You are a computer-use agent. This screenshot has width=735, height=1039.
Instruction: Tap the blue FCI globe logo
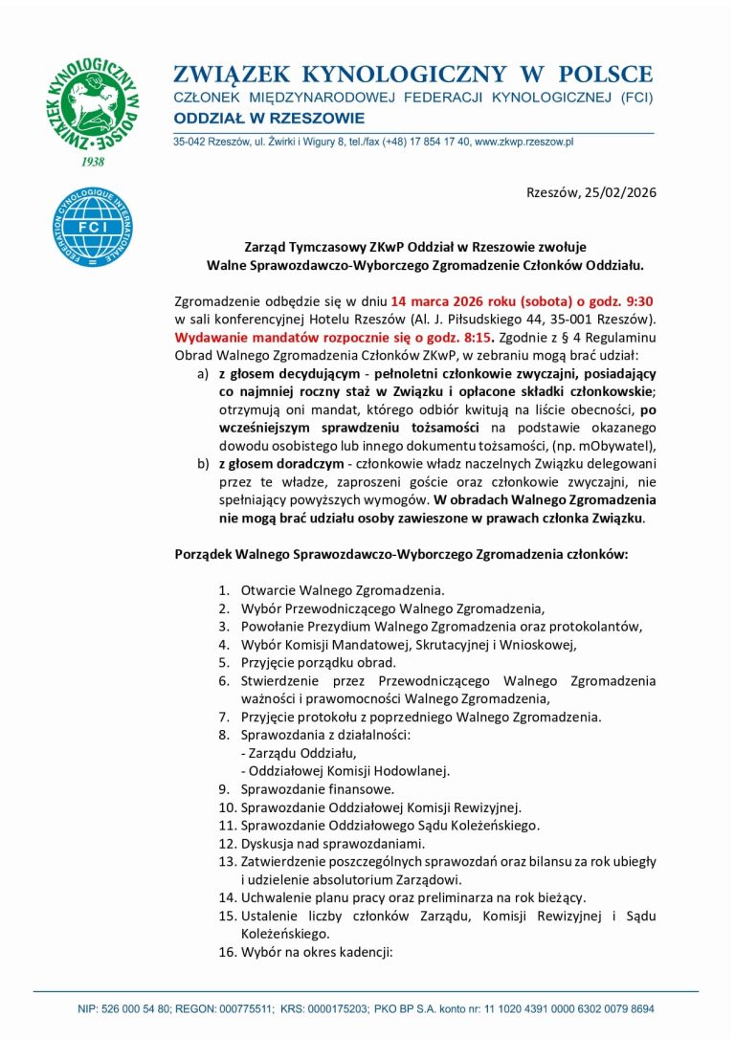tap(93, 227)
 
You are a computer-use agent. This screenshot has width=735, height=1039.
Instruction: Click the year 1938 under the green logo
tap(93, 162)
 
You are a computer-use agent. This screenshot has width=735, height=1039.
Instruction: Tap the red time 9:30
tap(638, 301)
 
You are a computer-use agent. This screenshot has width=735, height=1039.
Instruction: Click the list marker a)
tap(202, 373)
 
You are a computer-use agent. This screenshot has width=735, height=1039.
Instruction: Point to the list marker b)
tap(202, 464)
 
